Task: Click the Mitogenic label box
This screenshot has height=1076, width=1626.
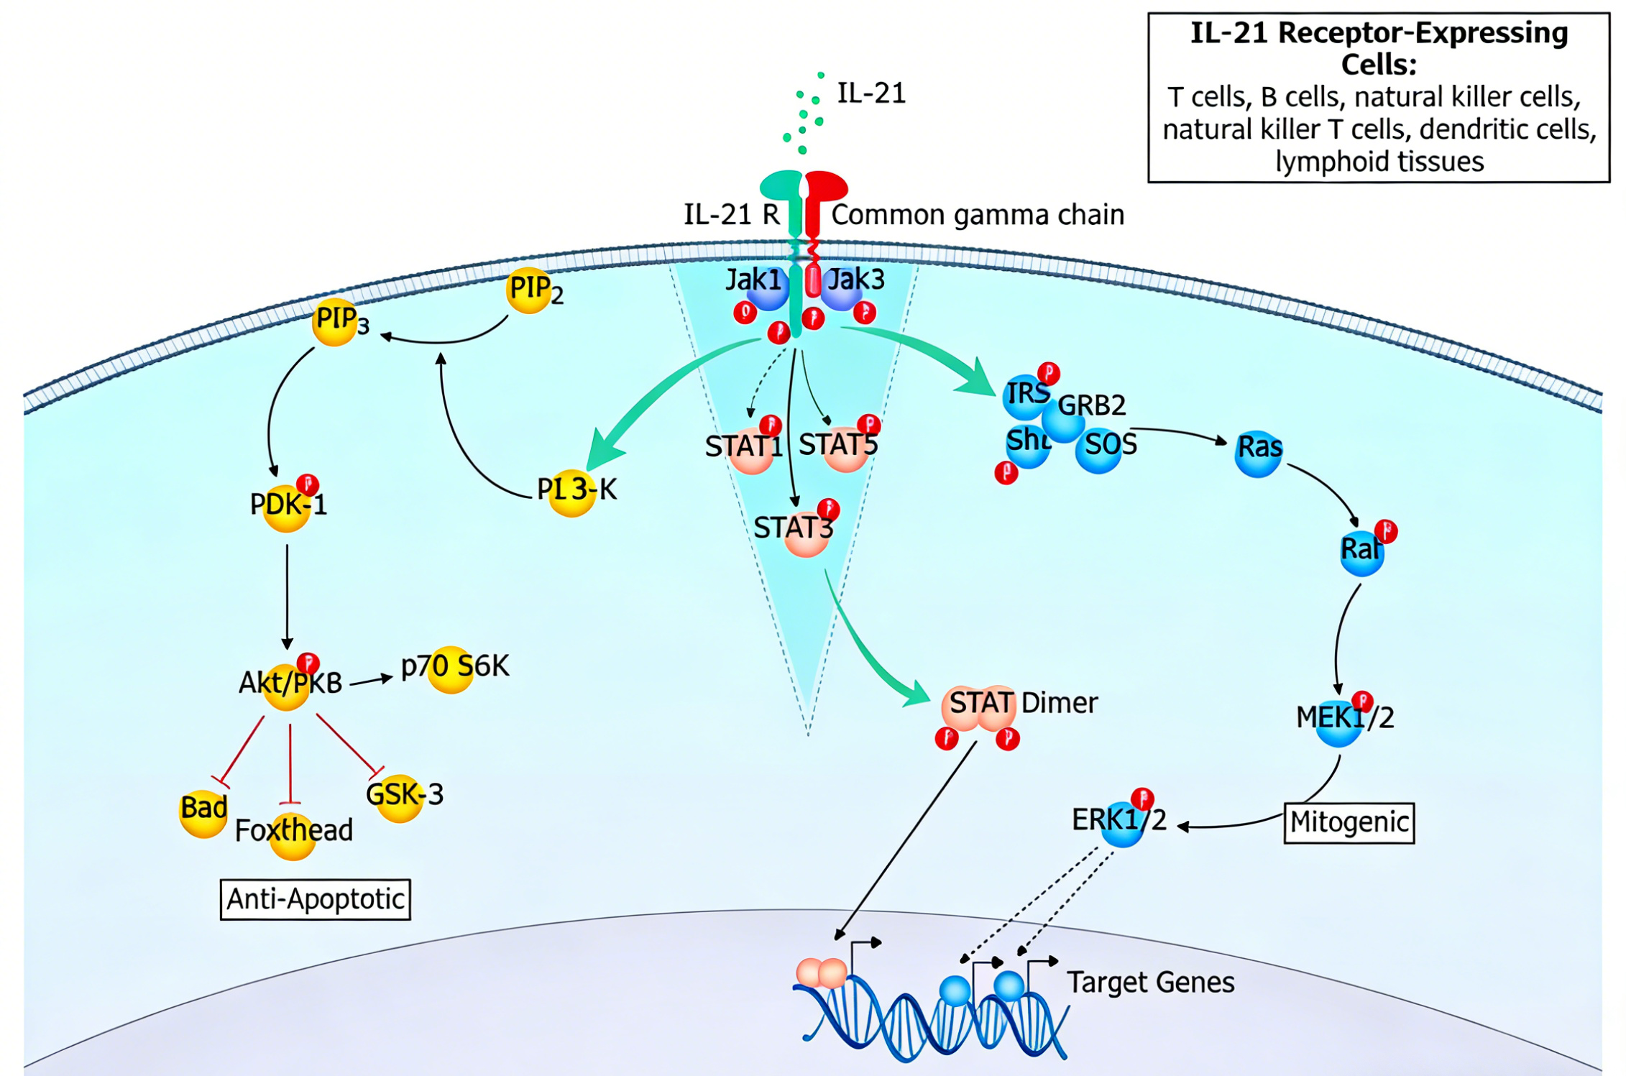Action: (x=1348, y=822)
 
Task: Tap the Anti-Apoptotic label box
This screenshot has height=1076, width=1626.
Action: (x=315, y=899)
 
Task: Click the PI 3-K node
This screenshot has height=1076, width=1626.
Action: (x=572, y=493)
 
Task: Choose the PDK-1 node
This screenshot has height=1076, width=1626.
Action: (x=287, y=507)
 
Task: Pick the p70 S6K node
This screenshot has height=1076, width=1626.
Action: (x=451, y=669)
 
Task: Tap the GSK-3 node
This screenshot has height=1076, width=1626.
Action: (x=400, y=797)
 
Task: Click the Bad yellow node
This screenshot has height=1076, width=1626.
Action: (x=203, y=812)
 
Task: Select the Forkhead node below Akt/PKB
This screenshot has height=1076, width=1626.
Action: (x=293, y=835)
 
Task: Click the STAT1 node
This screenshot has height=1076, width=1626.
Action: (x=751, y=449)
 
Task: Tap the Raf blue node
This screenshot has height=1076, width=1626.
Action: (x=1361, y=552)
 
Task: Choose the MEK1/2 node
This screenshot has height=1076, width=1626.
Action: (x=1338, y=721)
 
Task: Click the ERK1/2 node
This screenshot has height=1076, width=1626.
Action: (x=1121, y=822)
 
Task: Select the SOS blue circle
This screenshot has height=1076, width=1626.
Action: (x=1098, y=449)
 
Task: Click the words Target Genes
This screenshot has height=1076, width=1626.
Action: (x=1150, y=983)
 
